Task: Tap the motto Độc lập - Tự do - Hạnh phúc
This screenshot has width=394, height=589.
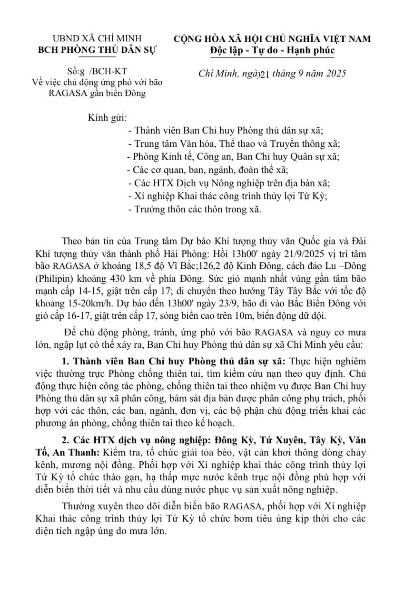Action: point(272,50)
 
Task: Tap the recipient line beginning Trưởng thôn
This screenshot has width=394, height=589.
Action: point(195,209)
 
